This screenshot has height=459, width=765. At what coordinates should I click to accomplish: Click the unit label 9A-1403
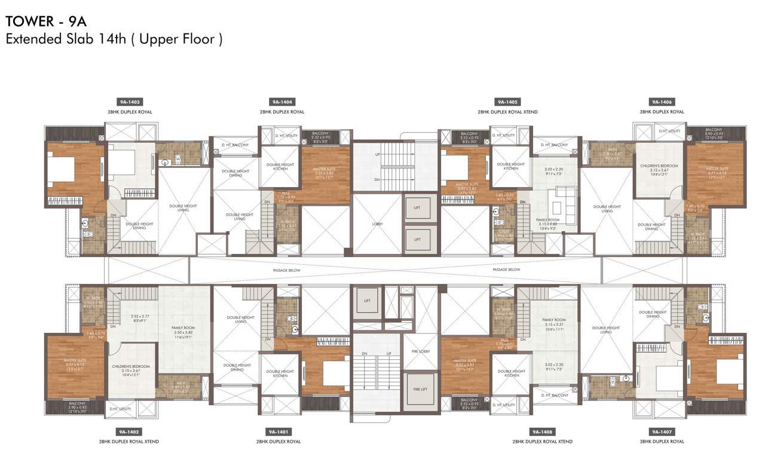click(x=130, y=102)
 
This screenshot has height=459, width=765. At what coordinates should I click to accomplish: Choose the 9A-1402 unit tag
click(x=129, y=432)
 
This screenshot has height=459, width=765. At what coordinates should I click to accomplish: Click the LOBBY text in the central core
click(x=377, y=224)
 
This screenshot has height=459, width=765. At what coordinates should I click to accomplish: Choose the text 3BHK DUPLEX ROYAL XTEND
click(x=129, y=442)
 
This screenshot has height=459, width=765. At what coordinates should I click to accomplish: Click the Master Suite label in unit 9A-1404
click(x=326, y=173)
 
